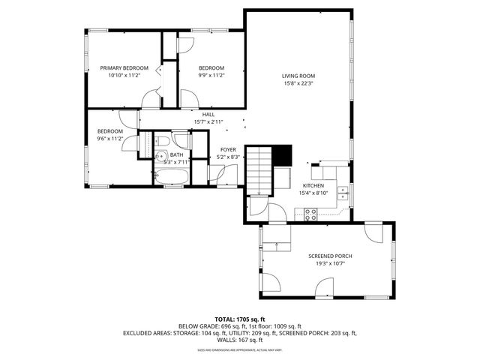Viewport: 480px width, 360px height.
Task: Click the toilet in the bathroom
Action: tap(163, 142)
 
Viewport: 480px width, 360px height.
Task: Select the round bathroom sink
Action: tap(160, 157)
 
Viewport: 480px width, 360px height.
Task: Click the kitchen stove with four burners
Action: tap(310, 213)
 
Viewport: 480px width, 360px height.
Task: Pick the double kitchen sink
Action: tap(343, 194)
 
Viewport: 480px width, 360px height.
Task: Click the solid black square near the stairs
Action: tap(282, 154)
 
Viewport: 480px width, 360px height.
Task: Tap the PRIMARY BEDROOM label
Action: tap(124, 68)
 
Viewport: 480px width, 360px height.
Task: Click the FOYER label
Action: tap(228, 149)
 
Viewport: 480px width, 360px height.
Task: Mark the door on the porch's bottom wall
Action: tap(325, 286)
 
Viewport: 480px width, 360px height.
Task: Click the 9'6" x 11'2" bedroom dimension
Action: tap(109, 139)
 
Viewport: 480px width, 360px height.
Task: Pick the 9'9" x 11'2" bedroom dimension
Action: tap(211, 76)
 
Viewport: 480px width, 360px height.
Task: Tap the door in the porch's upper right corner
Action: tap(373, 231)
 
